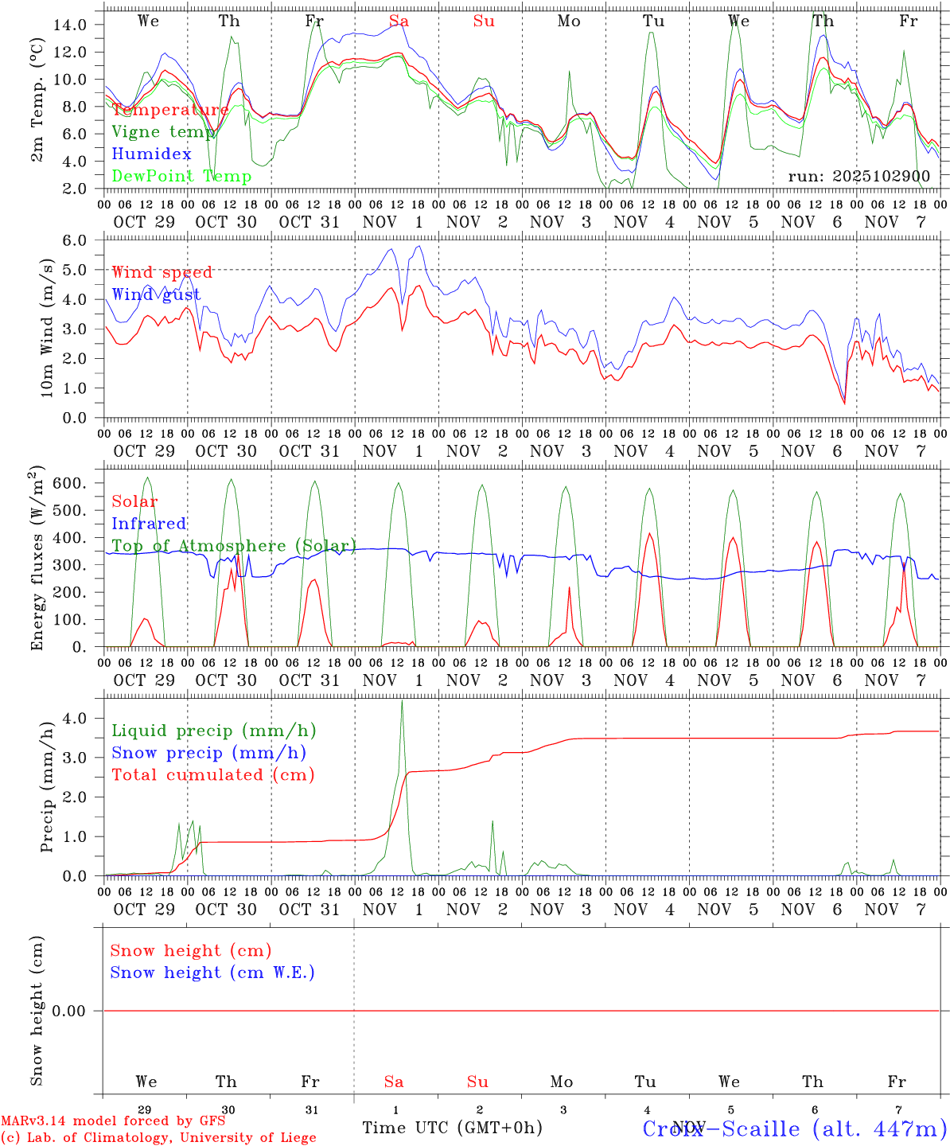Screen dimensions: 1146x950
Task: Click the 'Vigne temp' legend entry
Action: point(163,132)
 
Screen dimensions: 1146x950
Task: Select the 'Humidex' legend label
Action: point(151,154)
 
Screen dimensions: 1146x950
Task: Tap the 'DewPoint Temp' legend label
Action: point(181,176)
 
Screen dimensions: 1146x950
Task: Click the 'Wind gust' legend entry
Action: point(156,294)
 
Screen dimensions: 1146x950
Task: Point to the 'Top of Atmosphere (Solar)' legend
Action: point(233,546)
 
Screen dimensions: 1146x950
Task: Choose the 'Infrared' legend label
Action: point(149,524)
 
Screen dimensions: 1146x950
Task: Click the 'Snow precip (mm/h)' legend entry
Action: point(208,753)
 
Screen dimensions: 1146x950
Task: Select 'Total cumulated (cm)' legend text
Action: point(212,774)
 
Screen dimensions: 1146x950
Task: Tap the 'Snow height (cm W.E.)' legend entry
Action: point(212,973)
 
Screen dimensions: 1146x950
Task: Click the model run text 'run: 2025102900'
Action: point(862,177)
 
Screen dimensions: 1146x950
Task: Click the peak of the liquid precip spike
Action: point(402,702)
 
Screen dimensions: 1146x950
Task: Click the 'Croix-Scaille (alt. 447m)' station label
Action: point(794,1128)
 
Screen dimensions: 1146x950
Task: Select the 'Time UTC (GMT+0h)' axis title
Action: point(452,1128)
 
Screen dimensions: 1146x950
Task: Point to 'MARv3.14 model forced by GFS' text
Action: point(113,1121)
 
